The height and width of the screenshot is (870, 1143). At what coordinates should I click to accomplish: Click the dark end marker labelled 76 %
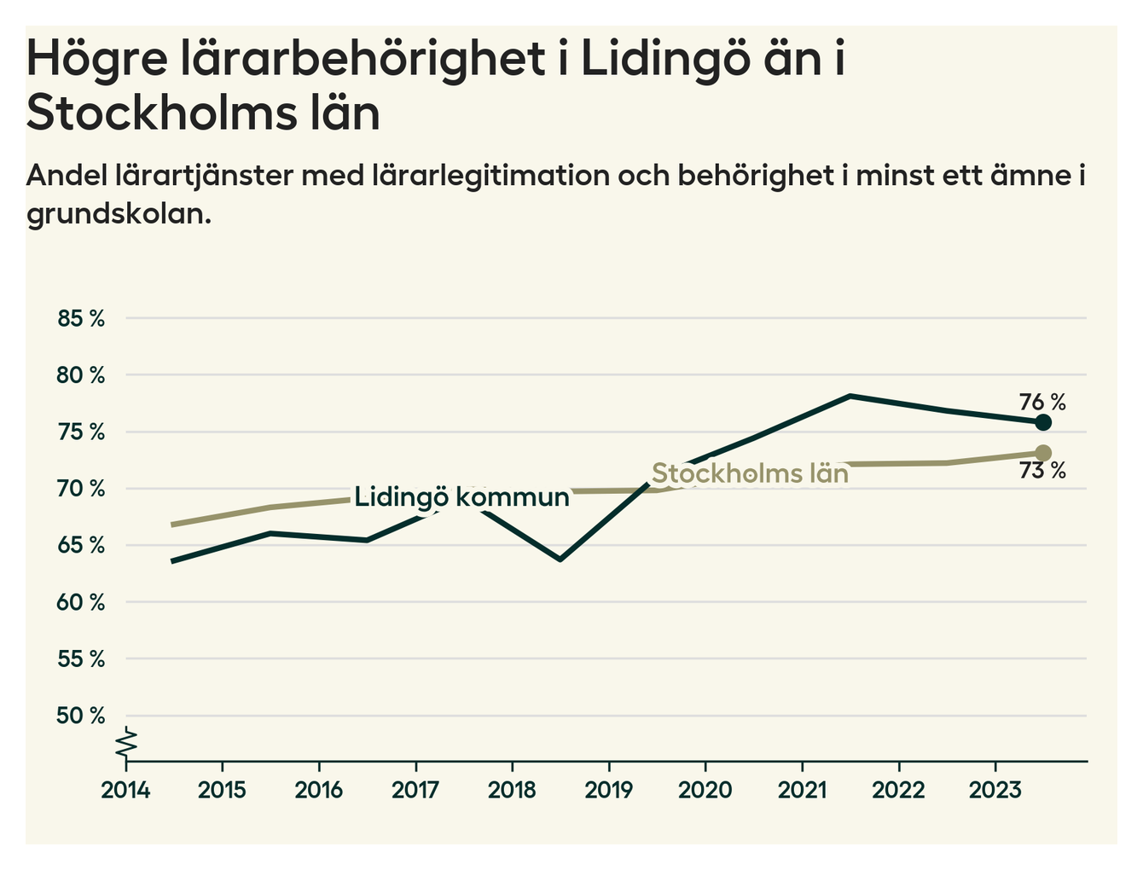coord(1042,422)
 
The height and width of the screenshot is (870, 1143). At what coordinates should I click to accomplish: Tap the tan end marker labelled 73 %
coord(1042,453)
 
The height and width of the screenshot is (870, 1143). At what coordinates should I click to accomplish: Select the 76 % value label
coord(1042,402)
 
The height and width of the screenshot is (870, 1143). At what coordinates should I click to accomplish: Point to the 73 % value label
coord(1042,471)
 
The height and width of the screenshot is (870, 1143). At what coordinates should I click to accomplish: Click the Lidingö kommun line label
coord(461,497)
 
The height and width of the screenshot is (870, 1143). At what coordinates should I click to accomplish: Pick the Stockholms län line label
coord(750,473)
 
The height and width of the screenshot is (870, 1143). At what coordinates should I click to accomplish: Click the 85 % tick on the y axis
coord(81,319)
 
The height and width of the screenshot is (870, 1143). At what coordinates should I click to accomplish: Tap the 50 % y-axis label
coord(81,716)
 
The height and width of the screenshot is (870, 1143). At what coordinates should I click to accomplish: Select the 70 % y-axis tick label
coord(81,489)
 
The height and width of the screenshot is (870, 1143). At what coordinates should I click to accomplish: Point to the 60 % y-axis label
coord(81,602)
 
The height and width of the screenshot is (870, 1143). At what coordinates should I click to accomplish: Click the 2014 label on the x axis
coord(125,790)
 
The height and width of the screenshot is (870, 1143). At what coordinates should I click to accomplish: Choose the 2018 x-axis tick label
coord(512,790)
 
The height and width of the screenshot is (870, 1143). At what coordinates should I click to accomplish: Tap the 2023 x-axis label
coord(995,790)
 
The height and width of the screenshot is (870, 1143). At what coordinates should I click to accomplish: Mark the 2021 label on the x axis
coord(802,790)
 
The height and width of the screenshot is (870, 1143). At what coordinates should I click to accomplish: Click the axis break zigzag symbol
coord(126,742)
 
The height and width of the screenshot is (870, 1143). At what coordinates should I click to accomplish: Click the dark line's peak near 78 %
coord(850,396)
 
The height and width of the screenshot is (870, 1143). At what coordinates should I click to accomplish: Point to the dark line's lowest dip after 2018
coord(560,560)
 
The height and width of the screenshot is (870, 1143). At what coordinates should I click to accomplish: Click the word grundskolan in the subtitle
coord(118,213)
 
